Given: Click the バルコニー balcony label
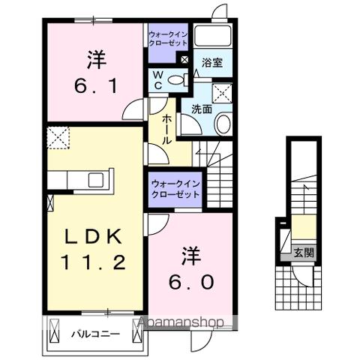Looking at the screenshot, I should tap(96, 333).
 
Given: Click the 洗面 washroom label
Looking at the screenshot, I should tap(200, 109).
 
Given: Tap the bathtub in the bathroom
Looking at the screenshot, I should tap(213, 38).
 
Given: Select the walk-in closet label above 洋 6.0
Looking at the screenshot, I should tap(175, 188).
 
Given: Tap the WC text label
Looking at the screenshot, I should tap(158, 80).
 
